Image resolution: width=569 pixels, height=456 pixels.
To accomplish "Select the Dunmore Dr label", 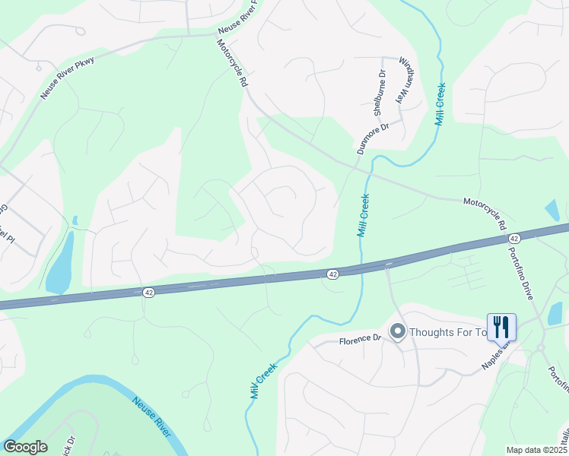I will pos(371,138).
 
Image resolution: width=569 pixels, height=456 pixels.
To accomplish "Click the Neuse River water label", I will pos(152,416).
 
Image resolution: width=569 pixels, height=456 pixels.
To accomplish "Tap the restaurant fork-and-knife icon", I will pos(501,328).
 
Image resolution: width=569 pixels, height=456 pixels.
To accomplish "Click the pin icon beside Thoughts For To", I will pos(397,331).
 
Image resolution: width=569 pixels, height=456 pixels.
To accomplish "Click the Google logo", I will pos(25,447).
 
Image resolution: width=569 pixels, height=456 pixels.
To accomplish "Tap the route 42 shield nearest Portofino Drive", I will pos(514,239).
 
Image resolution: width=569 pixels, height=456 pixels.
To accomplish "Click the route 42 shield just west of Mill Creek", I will pos(333,274).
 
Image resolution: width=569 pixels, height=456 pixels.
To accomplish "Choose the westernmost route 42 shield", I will pos(149,292).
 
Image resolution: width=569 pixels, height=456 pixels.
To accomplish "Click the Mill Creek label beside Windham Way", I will pos(439,105).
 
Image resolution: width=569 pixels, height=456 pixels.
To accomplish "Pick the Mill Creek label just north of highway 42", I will pos(363,215).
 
